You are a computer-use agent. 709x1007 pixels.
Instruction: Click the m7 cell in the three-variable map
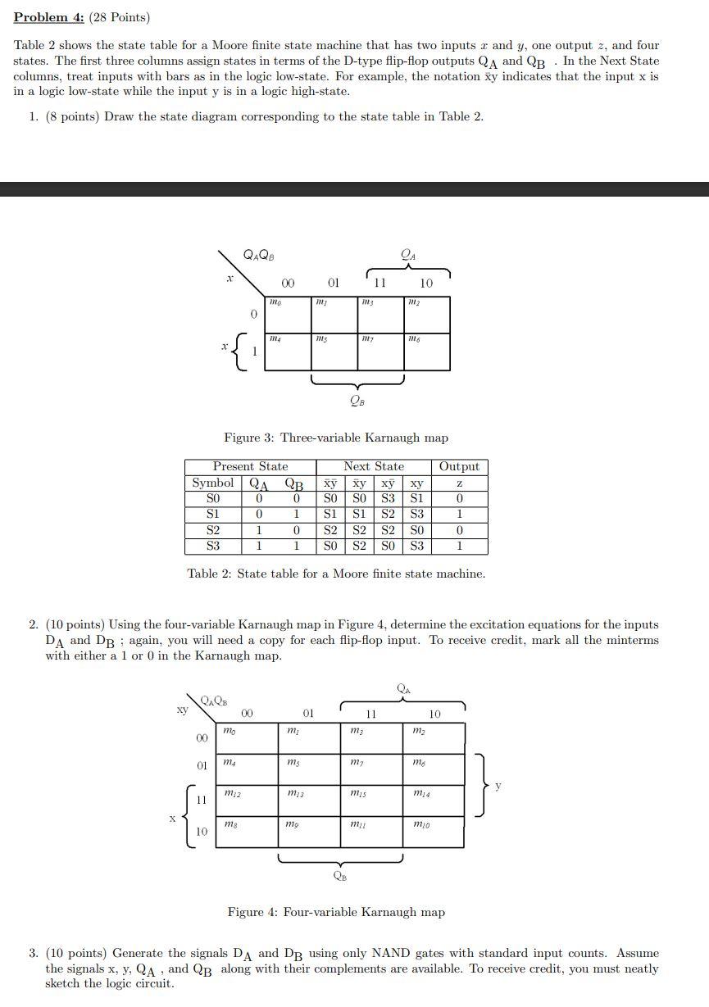pos(380,352)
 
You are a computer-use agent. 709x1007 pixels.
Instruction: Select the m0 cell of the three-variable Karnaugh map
pos(289,314)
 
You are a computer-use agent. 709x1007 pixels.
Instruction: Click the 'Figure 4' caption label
pos(251,912)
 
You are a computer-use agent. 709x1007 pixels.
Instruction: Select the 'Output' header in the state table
pos(459,466)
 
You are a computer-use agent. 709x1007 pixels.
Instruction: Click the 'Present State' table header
pos(250,466)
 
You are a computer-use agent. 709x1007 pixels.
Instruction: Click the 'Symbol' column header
pos(212,483)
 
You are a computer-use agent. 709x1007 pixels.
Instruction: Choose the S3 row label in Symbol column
pos(212,545)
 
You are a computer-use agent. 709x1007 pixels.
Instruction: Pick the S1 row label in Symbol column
pos(212,514)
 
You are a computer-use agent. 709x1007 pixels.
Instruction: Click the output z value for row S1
pos(459,514)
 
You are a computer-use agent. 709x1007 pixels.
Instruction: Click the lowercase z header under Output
pos(459,483)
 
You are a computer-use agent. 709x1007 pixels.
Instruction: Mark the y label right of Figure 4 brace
pos(497,786)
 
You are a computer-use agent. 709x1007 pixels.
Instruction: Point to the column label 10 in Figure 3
pos(426,284)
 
